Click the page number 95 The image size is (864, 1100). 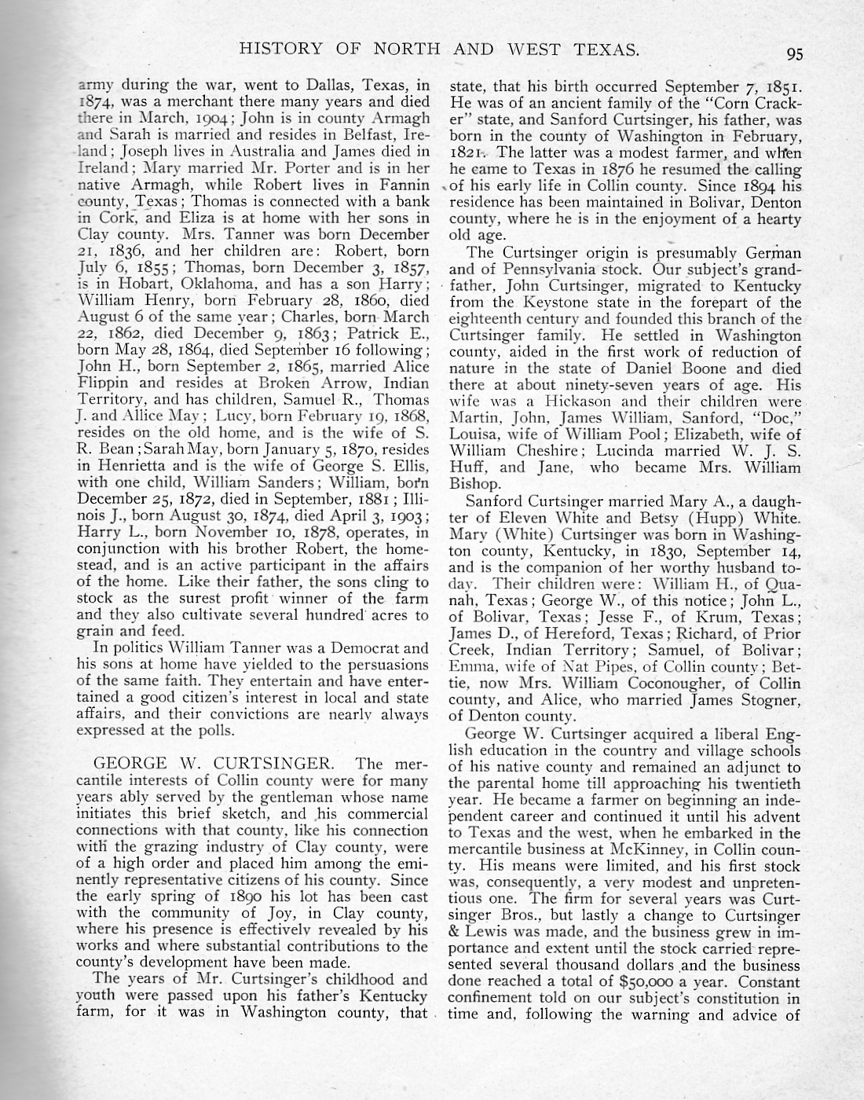coord(794,54)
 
